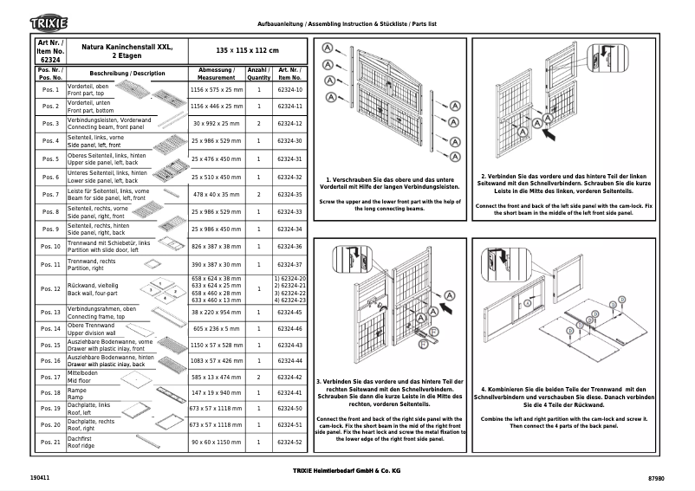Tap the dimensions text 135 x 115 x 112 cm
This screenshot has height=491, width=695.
[x=246, y=51]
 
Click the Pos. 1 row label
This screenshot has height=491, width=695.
[x=50, y=90]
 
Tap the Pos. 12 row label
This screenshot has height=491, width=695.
[x=50, y=288]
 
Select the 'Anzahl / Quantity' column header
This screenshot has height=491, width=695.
[x=258, y=73]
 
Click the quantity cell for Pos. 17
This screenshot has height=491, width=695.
[x=258, y=378]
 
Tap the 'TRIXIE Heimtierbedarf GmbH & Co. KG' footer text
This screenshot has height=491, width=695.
[x=347, y=469]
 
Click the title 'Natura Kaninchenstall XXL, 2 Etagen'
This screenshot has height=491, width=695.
[x=127, y=51]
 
